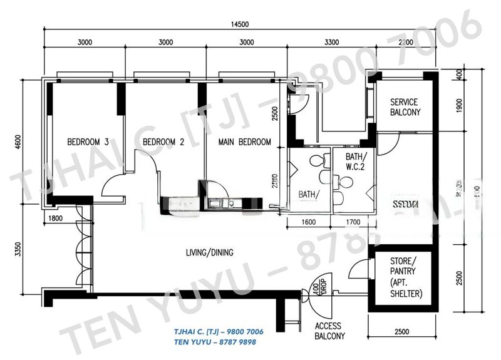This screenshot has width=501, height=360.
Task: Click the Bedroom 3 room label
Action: coord(88,142)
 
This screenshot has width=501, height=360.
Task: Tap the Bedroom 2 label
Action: coord(163,142)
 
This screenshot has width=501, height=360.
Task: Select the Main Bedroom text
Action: coord(245,142)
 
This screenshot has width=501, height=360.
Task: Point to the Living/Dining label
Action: coord(209,253)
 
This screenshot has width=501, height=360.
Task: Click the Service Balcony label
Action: coord(405,107)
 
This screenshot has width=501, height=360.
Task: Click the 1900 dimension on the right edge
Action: coord(460,106)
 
